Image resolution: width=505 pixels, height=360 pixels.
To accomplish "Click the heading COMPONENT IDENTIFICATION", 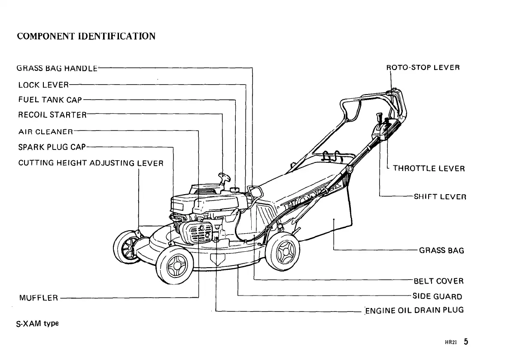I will click(86, 36).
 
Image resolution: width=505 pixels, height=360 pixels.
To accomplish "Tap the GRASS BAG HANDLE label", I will click(58, 68).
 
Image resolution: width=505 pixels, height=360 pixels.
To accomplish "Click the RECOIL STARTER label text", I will click(52, 115).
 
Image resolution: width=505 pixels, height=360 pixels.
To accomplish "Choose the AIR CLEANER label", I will click(46, 131).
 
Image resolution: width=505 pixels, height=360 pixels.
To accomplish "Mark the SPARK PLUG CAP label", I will click(52, 147).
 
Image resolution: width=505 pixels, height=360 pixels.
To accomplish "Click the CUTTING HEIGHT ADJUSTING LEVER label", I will click(91, 163).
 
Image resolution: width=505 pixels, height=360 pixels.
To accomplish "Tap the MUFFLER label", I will click(39, 298).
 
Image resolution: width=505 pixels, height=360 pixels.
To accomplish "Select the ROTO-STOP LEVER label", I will click(423, 68).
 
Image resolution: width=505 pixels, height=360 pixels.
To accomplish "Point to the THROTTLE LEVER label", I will click(429, 169).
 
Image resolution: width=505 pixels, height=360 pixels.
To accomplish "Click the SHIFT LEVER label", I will click(440, 197).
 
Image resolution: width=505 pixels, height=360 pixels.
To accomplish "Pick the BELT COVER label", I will click(438, 281).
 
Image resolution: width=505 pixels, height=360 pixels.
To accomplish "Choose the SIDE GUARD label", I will click(437, 296).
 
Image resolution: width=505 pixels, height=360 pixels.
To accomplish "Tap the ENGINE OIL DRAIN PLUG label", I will click(414, 310).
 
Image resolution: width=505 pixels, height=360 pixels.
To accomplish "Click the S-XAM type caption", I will click(37, 323).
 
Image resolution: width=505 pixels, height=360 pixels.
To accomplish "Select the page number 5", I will click(465, 342).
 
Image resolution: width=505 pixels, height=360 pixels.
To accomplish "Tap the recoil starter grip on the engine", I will click(224, 176).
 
